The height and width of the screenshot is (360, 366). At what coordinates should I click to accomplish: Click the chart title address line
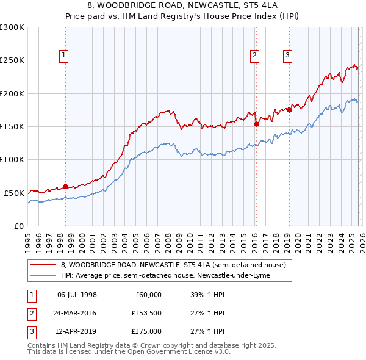coord(182,5)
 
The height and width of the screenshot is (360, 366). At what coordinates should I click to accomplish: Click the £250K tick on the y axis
coord(12,60)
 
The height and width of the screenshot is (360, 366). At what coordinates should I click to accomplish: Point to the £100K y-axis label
coord(12,159)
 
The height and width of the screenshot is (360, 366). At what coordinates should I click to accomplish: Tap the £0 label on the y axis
coord(20,226)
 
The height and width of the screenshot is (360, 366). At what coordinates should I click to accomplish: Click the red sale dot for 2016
coord(256,124)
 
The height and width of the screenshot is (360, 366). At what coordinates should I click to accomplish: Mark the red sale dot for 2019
coord(289,110)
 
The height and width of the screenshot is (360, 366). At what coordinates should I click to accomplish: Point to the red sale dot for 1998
coord(66,186)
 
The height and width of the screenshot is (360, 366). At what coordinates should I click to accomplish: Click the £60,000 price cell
coord(147,295)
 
